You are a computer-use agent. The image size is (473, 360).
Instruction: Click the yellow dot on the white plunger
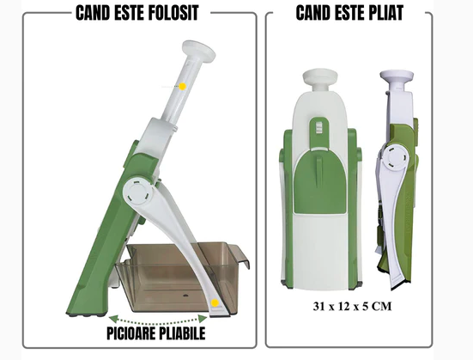[x=183, y=87]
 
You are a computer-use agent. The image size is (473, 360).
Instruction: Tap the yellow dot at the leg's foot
[x=212, y=302]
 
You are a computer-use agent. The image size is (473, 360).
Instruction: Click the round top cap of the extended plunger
[x=197, y=50]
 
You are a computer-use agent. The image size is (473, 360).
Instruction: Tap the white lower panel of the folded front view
[x=320, y=249]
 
